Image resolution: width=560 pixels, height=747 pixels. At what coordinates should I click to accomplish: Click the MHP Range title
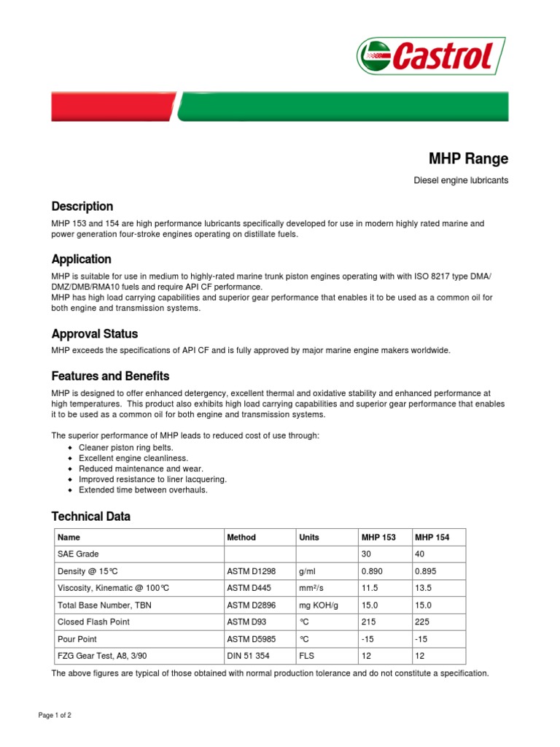tap(468, 158)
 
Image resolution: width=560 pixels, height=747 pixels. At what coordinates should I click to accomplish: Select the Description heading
tap(82, 206)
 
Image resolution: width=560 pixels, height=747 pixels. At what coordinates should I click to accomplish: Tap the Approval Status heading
tap(94, 334)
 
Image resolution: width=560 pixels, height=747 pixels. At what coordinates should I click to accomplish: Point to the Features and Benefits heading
tap(110, 376)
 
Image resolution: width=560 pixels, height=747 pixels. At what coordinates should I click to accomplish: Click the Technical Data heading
tap(90, 516)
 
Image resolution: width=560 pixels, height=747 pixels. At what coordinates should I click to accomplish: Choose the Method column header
tap(241, 538)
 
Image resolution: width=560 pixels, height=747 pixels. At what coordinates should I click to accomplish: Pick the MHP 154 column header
tap(432, 538)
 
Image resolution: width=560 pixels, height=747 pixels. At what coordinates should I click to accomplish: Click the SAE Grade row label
tap(77, 554)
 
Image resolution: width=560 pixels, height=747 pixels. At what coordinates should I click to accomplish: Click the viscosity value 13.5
tap(424, 588)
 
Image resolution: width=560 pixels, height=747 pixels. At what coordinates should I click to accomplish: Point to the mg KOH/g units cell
tap(317, 605)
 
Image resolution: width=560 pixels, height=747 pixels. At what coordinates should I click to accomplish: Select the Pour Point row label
tap(77, 638)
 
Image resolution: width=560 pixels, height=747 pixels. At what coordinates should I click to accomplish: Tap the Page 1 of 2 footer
tap(55, 716)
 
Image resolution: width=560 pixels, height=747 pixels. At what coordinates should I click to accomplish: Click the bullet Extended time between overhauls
tap(143, 490)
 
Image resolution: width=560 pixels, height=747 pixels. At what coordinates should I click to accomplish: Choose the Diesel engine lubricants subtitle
tap(461, 180)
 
